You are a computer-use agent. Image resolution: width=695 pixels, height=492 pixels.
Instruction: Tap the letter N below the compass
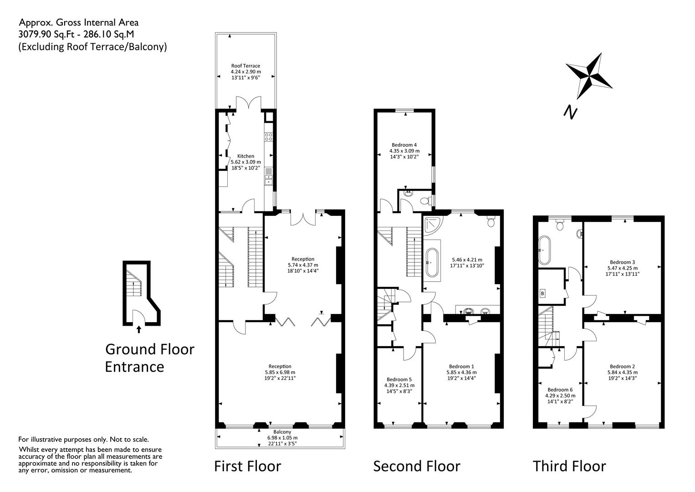tap(570, 113)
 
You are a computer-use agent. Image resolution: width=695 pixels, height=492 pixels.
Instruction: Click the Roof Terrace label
tap(245, 66)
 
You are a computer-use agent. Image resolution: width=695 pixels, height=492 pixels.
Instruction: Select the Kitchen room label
tap(246, 156)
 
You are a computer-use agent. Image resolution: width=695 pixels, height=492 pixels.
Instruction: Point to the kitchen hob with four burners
tap(268, 137)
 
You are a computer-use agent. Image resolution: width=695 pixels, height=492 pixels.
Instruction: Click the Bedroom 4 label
tap(404, 145)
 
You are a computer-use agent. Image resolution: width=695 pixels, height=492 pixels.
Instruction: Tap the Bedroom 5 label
tap(399, 379)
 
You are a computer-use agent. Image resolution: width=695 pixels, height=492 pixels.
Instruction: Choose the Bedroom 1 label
tap(462, 366)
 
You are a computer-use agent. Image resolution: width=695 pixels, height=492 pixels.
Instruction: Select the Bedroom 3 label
tap(623, 262)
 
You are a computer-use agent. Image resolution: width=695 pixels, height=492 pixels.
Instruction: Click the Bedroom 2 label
tap(623, 366)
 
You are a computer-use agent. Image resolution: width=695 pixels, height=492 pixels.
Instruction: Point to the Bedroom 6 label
tap(560, 389)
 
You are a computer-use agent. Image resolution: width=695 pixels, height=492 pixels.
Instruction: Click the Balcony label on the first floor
tap(282, 432)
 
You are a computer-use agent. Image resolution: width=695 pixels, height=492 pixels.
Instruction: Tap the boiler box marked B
tap(542, 293)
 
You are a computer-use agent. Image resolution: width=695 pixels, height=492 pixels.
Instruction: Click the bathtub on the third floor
tap(544, 251)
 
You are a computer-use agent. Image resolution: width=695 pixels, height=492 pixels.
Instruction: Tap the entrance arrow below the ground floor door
tap(139, 329)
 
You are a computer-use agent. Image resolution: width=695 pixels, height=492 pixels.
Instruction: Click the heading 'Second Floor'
tap(417, 466)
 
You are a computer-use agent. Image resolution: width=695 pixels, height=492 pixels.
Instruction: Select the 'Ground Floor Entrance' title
tap(149, 358)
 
